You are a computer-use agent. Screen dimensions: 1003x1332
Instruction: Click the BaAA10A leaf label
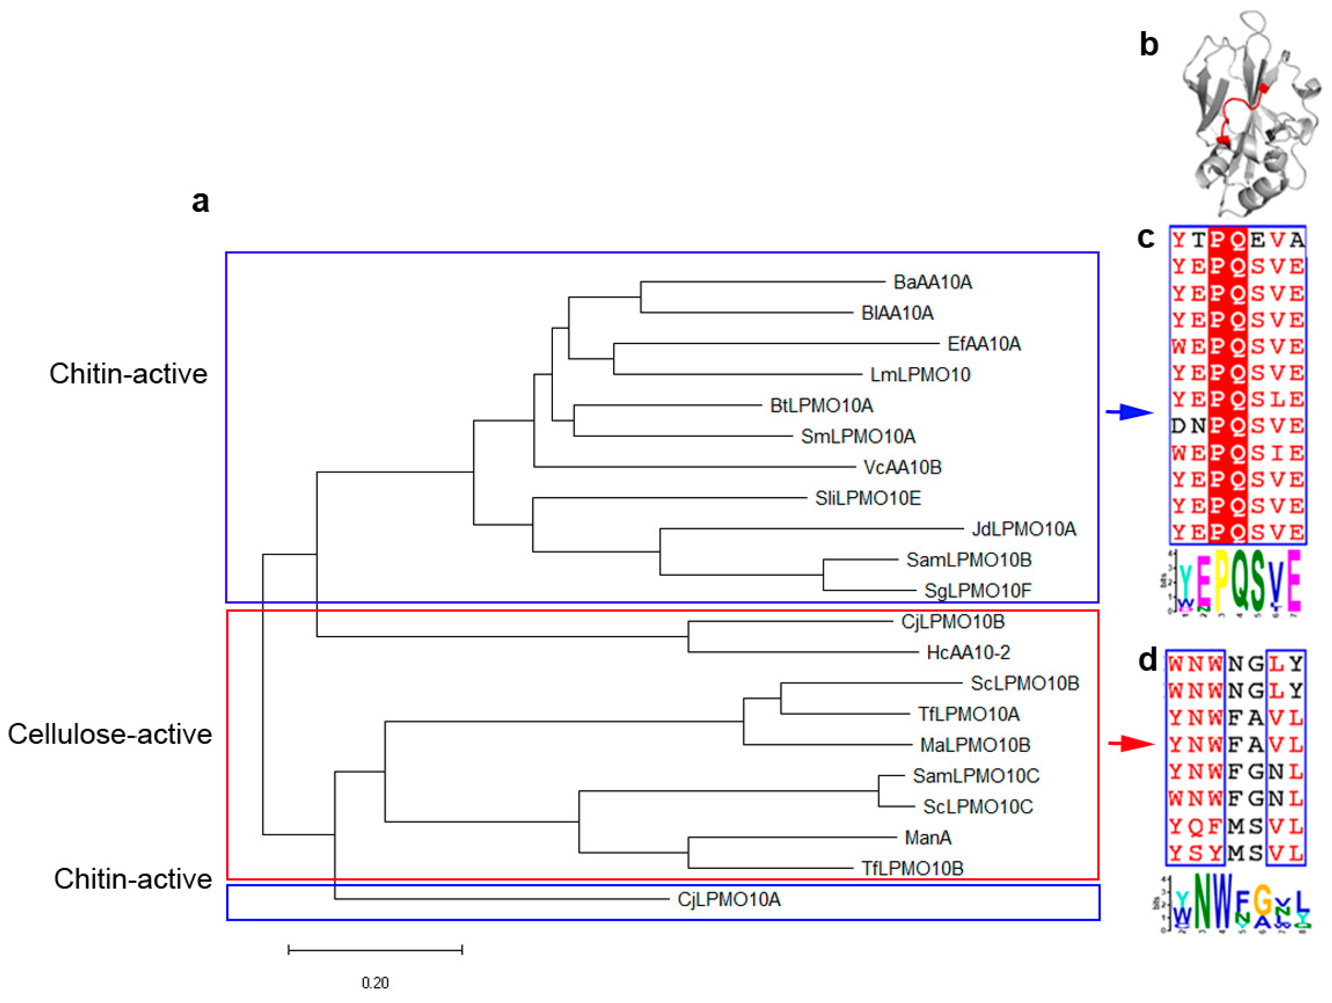(932, 282)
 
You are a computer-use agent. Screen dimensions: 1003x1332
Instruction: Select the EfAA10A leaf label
(984, 344)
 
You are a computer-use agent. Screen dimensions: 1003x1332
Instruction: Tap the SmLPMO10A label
(857, 436)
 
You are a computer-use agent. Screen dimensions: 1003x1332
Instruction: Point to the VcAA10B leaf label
(902, 467)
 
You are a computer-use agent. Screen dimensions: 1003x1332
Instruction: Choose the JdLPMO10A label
(1024, 529)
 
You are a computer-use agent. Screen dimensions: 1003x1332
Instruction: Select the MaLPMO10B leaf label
(975, 745)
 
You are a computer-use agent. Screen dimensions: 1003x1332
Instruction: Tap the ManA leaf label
(928, 837)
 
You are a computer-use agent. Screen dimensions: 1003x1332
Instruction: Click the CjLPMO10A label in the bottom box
(729, 900)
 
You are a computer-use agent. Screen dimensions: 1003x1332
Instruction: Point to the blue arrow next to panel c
(1129, 412)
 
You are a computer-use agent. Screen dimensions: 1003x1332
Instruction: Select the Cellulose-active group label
(110, 734)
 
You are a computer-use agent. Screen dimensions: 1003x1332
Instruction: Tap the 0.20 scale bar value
(375, 982)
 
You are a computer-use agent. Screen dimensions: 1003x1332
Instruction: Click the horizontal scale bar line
(375, 949)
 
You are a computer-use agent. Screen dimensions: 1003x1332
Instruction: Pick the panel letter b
(1149, 45)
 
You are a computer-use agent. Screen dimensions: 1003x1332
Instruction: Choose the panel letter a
(201, 201)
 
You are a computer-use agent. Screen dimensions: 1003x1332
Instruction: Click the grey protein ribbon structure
(1247, 114)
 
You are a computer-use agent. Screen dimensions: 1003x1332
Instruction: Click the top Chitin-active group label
(128, 374)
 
